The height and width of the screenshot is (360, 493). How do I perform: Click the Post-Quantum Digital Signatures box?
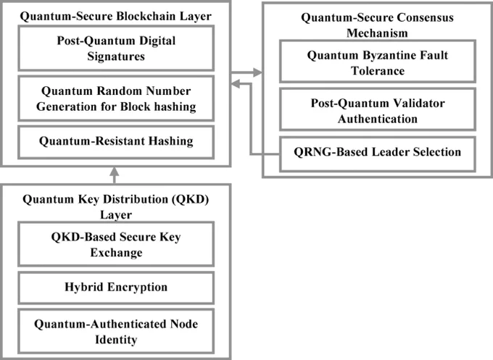click(x=116, y=49)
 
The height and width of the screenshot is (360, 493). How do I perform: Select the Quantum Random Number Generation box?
click(x=116, y=99)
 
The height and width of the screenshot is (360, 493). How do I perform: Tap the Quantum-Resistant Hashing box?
click(x=116, y=142)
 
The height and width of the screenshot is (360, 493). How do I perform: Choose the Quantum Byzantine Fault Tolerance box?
click(x=377, y=62)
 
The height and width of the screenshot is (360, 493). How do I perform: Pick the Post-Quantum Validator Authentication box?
click(x=377, y=109)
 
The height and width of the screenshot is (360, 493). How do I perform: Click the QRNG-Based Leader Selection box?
click(x=377, y=154)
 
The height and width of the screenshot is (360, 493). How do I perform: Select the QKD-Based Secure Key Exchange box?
click(x=116, y=244)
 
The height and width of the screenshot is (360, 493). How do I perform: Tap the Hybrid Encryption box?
click(x=116, y=288)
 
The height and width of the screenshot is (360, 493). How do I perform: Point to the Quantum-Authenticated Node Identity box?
click(x=116, y=331)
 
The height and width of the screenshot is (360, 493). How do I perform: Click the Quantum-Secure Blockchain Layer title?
click(x=116, y=16)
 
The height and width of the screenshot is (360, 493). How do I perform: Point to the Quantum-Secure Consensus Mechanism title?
click(x=377, y=25)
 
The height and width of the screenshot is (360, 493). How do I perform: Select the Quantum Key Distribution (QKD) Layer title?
click(x=116, y=206)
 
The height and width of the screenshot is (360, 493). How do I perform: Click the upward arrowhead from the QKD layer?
click(x=115, y=171)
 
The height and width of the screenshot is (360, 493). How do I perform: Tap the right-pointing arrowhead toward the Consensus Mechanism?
click(x=257, y=72)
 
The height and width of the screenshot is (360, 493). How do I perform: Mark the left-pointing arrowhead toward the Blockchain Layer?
click(x=236, y=83)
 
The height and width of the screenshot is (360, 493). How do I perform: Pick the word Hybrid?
click(x=80, y=287)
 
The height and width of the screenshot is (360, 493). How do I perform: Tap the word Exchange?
click(x=116, y=253)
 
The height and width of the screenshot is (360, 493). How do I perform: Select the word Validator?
click(x=418, y=103)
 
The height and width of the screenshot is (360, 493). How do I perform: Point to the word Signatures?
click(x=116, y=56)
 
